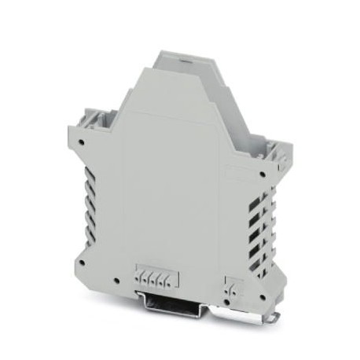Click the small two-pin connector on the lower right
click(x=230, y=287)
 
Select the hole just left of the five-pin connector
click(x=116, y=281)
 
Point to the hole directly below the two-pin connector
click(x=230, y=300)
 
